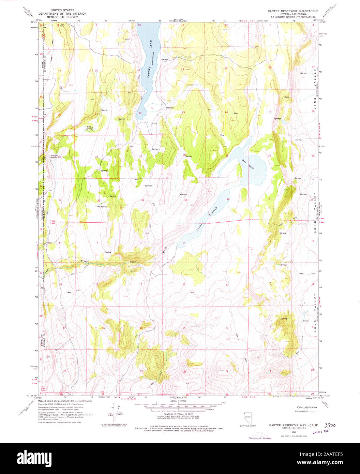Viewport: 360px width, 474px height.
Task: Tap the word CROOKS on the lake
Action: (x=149, y=72)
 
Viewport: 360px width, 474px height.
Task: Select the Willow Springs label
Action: (x=90, y=128)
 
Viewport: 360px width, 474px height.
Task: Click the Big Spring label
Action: (x=102, y=207)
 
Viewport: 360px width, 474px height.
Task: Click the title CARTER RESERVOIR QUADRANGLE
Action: (x=293, y=11)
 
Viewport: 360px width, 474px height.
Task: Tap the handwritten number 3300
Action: (x=330, y=425)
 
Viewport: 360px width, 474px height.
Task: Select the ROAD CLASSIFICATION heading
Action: (x=306, y=408)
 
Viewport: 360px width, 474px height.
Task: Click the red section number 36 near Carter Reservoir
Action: (x=228, y=199)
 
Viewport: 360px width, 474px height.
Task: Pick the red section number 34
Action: (x=142, y=200)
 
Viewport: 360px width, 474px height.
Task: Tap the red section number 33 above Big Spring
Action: (x=99, y=201)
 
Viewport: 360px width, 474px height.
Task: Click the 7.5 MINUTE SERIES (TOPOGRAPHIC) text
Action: (x=293, y=17)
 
